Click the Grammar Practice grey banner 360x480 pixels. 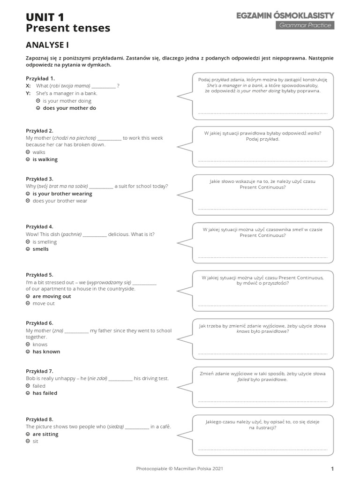tap(305, 25)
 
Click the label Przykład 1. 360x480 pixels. tap(40, 78)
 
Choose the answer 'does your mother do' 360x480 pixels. tap(69, 108)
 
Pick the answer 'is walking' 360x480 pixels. tap(45, 159)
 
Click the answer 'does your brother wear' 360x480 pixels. tap(60, 201)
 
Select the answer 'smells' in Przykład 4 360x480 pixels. tap(40, 249)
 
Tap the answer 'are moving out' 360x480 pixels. tap(52, 296)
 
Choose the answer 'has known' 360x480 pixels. tap(46, 352)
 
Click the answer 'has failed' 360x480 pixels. tap(45, 393)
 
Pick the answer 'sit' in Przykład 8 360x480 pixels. tap(35, 442)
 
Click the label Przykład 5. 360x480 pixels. tap(40, 275)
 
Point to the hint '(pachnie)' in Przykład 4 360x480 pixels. tap(71, 234)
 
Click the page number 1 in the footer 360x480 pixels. tap(332, 468)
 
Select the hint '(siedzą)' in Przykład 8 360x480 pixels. tap(115, 427)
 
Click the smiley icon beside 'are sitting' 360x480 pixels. tap(28, 435)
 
